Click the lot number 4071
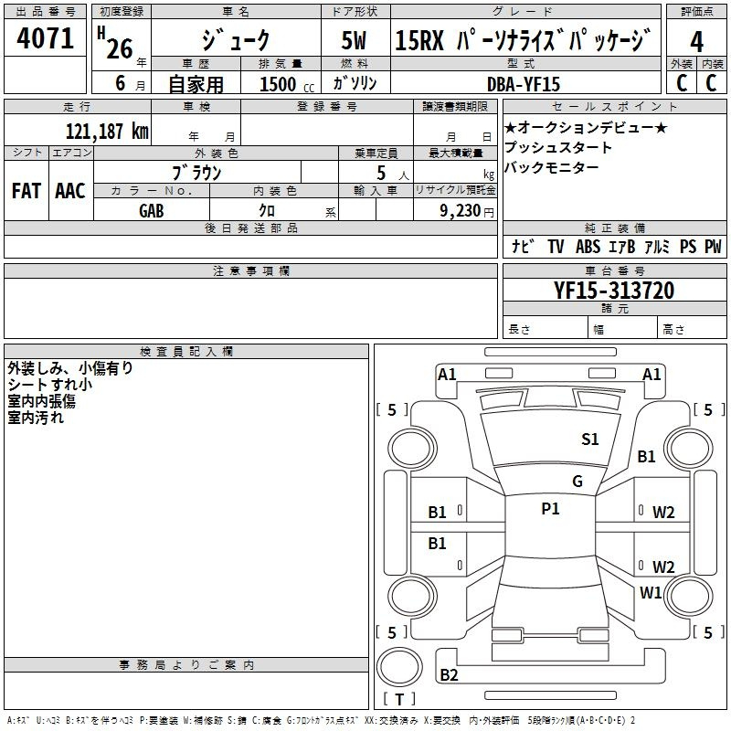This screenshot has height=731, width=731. click(45, 39)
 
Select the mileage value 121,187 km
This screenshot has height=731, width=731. click(107, 132)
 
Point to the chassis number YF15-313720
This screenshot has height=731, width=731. click(614, 291)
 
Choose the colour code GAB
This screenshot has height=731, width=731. click(151, 210)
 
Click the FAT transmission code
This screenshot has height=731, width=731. click(26, 191)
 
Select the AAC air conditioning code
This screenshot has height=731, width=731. click(70, 191)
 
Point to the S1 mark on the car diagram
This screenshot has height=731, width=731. click(590, 440)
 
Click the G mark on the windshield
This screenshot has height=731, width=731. click(577, 482)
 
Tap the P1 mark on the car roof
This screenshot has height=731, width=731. click(550, 509)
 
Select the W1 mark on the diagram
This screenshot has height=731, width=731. click(651, 593)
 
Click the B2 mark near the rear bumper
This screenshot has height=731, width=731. click(449, 675)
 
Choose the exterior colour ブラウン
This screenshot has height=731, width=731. click(197, 172)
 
